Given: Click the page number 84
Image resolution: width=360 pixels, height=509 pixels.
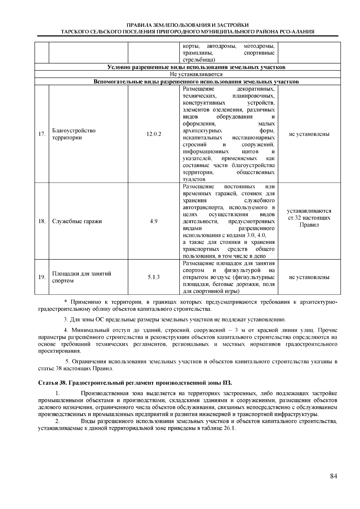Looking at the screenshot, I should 333,476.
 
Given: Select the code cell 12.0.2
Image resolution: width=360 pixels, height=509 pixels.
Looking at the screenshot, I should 154,134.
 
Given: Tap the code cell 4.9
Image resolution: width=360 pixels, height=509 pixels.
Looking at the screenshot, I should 154,221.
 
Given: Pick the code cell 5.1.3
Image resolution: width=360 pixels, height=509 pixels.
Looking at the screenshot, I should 154,277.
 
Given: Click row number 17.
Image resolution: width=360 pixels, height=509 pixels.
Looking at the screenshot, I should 42,134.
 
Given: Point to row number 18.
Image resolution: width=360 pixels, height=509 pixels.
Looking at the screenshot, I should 42,221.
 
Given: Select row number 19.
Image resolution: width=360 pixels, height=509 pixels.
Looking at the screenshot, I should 42,277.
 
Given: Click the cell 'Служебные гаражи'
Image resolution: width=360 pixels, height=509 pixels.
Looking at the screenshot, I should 77,221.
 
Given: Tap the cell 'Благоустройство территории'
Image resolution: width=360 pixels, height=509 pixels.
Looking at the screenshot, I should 74,134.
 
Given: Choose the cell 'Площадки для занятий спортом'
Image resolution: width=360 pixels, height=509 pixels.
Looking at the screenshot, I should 82,277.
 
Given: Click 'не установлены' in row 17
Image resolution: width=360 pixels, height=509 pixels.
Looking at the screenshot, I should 309,134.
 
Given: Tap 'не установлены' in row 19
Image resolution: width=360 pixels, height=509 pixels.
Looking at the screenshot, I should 309,277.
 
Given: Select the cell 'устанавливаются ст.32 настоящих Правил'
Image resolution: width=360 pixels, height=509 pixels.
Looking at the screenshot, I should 309,218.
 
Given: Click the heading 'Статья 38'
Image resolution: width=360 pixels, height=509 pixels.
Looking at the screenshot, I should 135,383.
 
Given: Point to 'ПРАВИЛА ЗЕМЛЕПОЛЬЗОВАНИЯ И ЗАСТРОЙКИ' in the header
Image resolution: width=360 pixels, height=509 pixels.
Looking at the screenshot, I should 187,25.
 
